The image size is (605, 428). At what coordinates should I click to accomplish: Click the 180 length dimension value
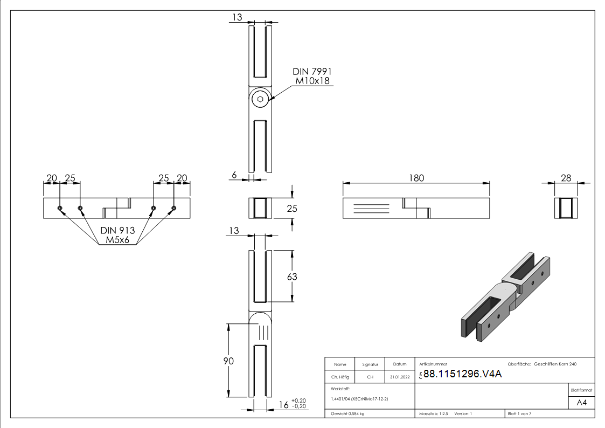pyautogui.click(x=416, y=178)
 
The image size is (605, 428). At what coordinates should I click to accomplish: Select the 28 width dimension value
pyautogui.click(x=566, y=178)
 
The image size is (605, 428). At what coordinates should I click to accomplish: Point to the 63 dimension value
pyautogui.click(x=292, y=277)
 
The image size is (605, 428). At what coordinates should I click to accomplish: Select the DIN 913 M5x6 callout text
pyautogui.click(x=117, y=235)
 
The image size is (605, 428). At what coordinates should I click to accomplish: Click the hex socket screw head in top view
pyautogui.click(x=261, y=99)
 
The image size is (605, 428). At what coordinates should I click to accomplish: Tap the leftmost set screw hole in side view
pyautogui.click(x=60, y=208)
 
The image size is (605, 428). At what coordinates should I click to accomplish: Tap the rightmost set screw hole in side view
pyautogui.click(x=174, y=208)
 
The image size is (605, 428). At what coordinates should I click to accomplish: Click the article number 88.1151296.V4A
pyautogui.click(x=462, y=375)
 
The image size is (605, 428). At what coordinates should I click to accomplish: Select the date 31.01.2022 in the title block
pyautogui.click(x=400, y=377)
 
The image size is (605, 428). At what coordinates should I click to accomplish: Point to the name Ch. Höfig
pyautogui.click(x=339, y=377)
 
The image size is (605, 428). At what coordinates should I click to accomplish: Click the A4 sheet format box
pyautogui.click(x=582, y=403)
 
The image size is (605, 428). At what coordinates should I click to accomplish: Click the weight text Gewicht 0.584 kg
pyautogui.click(x=347, y=414)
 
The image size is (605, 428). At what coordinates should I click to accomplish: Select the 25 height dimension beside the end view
pyautogui.click(x=291, y=208)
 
